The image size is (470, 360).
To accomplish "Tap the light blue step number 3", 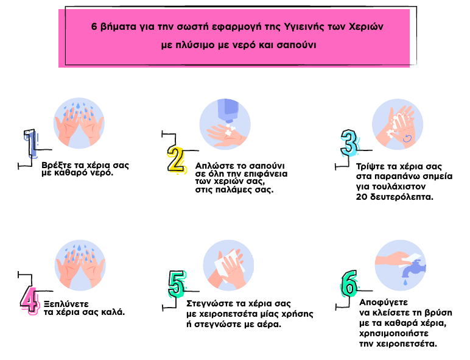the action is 349,143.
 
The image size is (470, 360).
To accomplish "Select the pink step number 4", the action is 30,300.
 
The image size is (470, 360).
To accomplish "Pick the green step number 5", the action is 177,284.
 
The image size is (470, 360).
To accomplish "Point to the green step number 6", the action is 349,283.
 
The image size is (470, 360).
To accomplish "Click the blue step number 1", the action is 30,143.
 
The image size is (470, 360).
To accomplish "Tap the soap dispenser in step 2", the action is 228,110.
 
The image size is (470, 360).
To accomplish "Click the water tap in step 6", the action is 413,269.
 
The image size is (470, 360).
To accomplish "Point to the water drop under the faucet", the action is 405,281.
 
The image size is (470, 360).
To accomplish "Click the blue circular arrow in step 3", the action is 407,138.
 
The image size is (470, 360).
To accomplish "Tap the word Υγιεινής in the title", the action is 304,26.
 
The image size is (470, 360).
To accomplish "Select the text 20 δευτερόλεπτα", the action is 395,197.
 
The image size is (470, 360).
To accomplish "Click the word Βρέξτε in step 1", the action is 55,165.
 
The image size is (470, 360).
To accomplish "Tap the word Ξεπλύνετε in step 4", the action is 66,304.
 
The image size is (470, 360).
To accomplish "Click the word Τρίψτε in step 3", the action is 370,166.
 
